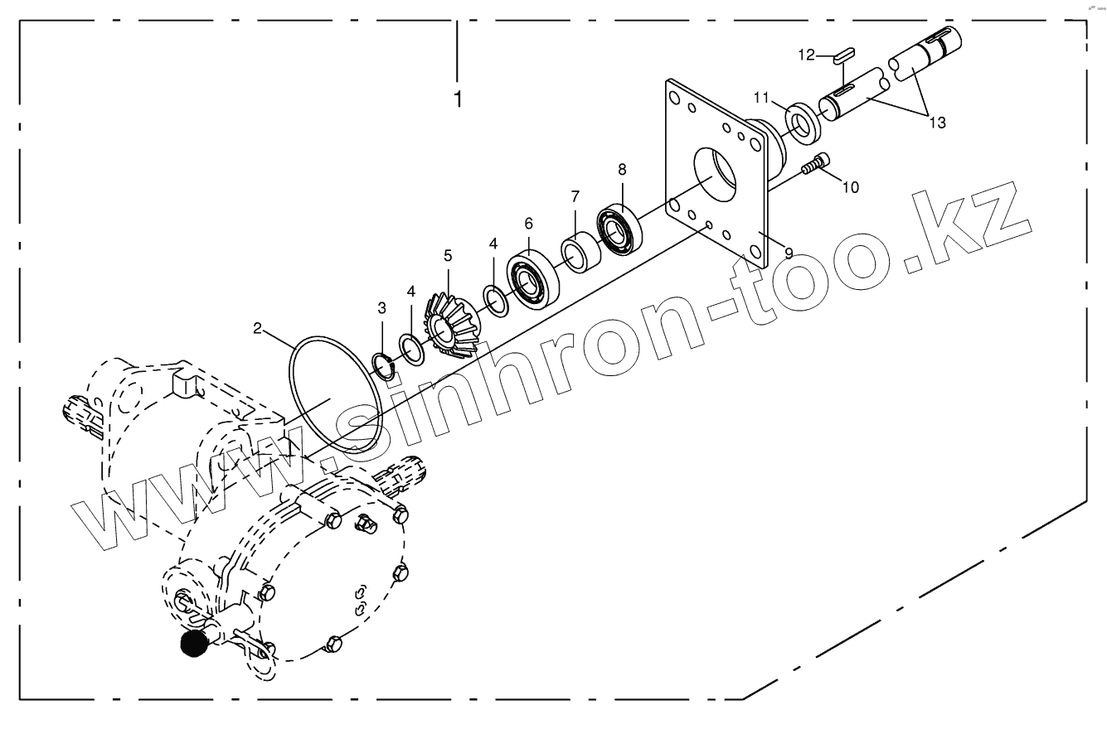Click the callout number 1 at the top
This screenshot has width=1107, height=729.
point(458,99)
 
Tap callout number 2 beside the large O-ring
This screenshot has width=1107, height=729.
point(258,328)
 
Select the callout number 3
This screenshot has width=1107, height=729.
point(381,308)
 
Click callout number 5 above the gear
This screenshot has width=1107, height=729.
point(448,256)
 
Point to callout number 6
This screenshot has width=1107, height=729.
point(528,223)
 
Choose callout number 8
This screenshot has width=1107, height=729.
point(622,169)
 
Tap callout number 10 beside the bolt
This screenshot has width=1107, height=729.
point(851,187)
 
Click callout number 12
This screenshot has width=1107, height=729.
point(807,55)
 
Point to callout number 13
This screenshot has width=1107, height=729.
point(937,123)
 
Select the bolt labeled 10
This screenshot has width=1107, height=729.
point(816,164)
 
